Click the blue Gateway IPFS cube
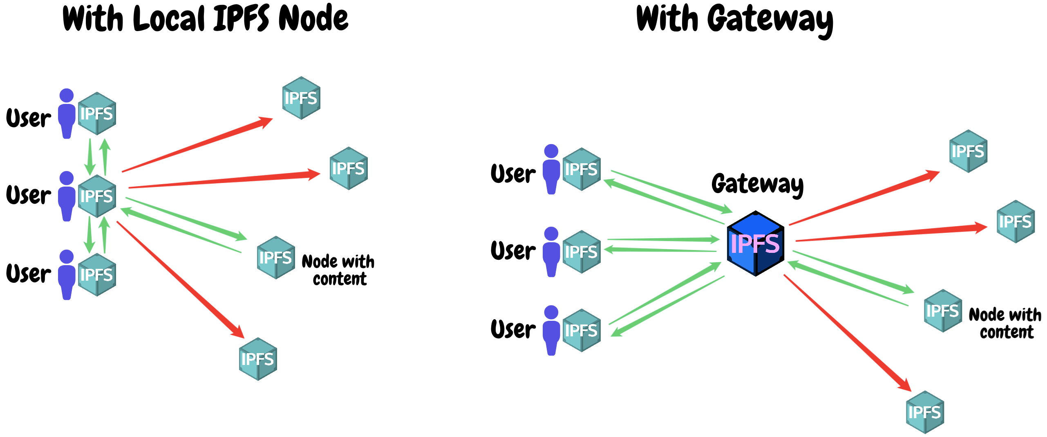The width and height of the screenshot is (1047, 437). (x=755, y=244)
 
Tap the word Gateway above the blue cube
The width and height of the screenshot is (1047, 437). (x=757, y=184)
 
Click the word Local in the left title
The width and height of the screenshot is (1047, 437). (x=168, y=19)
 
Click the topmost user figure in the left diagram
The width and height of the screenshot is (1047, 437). (x=67, y=113)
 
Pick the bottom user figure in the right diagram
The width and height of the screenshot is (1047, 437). (x=551, y=330)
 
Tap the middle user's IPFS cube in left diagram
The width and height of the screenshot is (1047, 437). (x=97, y=196)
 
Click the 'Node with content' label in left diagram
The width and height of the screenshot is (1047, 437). (x=338, y=270)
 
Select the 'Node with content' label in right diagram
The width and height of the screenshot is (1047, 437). (x=1005, y=323)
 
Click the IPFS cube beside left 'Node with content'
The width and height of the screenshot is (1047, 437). (x=276, y=258)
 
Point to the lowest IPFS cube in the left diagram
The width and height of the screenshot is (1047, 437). (x=258, y=359)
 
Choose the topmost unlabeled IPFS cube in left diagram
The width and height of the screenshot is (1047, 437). (x=301, y=98)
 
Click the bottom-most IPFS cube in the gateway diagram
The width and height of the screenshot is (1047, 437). (x=924, y=412)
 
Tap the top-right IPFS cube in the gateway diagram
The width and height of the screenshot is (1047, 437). (x=968, y=151)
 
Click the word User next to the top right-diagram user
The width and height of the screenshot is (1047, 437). (x=513, y=174)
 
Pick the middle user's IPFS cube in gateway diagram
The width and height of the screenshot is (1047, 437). (x=581, y=252)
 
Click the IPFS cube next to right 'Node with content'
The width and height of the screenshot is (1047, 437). (x=942, y=311)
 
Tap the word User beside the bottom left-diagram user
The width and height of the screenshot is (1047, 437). (x=29, y=274)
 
